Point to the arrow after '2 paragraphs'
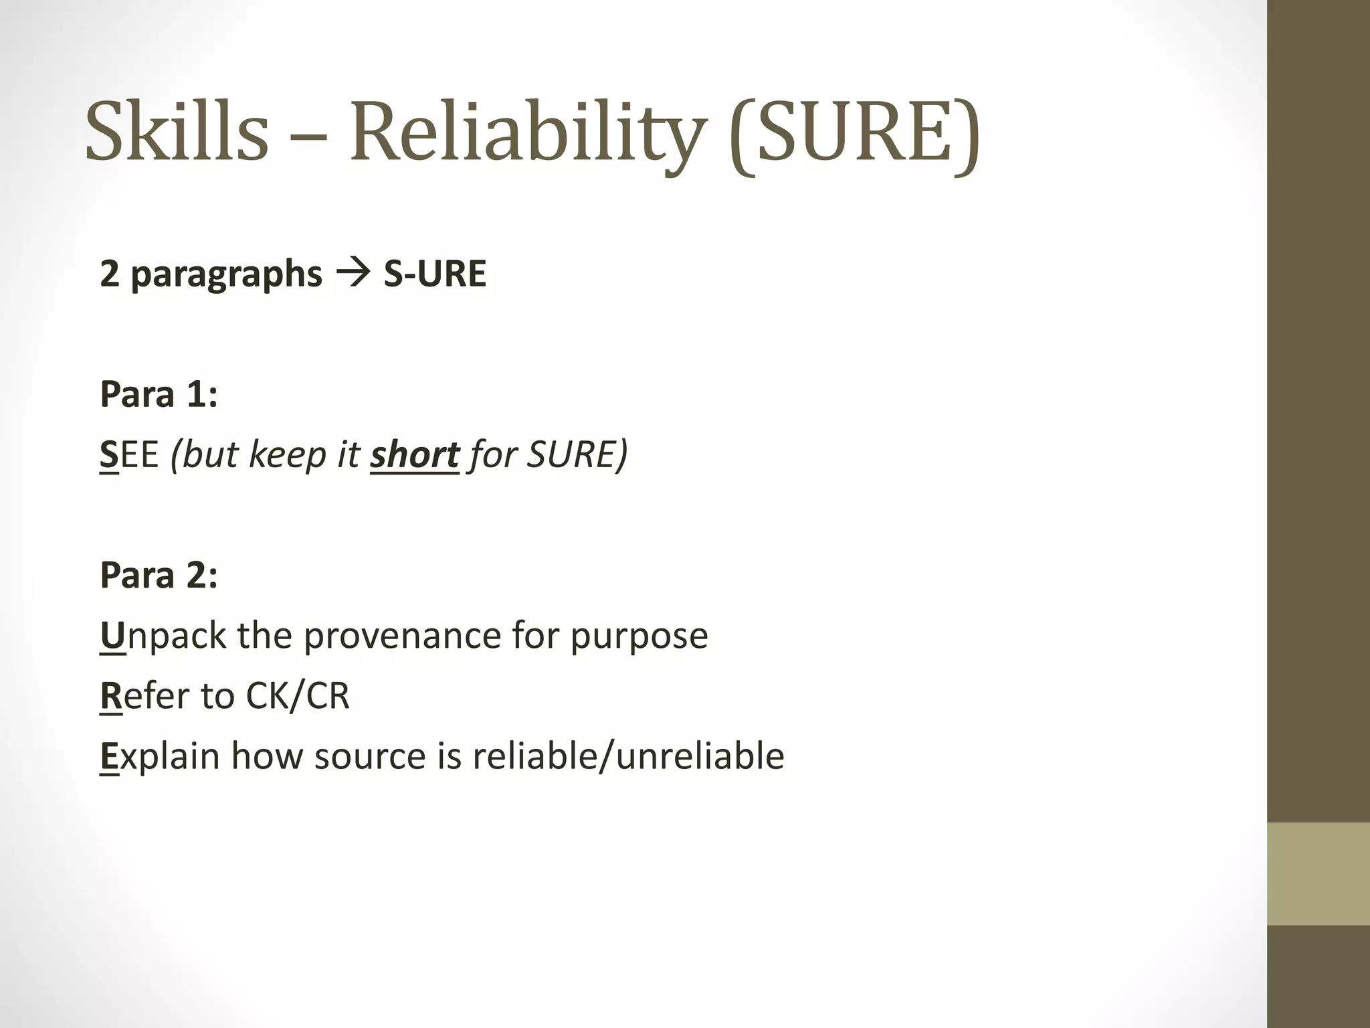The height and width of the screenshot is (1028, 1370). click(353, 274)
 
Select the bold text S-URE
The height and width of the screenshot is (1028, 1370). click(435, 274)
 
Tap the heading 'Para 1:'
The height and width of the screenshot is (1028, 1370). click(159, 394)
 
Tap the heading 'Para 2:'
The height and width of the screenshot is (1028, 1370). click(159, 575)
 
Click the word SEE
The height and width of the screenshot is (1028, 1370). click(129, 454)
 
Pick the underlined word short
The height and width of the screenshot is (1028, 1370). click(415, 454)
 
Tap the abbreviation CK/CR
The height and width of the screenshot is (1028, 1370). click(298, 695)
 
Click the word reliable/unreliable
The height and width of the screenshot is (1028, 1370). click(628, 756)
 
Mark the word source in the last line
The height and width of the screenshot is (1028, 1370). click(370, 756)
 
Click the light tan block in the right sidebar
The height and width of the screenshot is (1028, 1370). click(1318, 873)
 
